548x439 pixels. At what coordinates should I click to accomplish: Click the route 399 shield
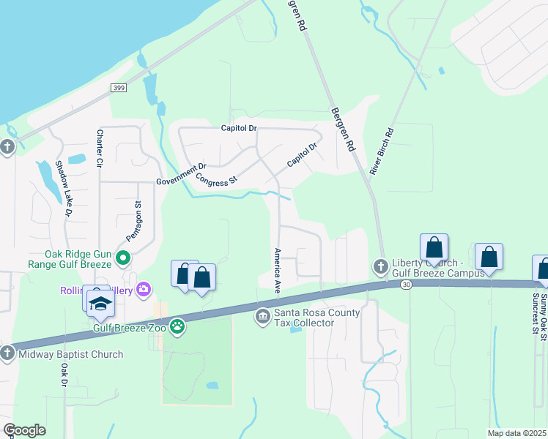119,88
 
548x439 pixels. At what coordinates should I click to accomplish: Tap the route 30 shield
406,285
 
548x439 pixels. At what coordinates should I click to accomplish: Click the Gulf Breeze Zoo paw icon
177,325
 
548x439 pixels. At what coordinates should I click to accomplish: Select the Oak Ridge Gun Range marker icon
123,258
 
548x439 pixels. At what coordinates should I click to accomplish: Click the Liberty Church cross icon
379,265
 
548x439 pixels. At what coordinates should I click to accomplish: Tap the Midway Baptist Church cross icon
7,353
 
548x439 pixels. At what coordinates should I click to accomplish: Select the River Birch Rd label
382,151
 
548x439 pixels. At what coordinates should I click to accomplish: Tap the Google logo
24,430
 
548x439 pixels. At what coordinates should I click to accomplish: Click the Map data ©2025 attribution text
516,433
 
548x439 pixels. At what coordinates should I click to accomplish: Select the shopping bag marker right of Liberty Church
434,248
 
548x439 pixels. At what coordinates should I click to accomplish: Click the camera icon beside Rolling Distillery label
144,289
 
